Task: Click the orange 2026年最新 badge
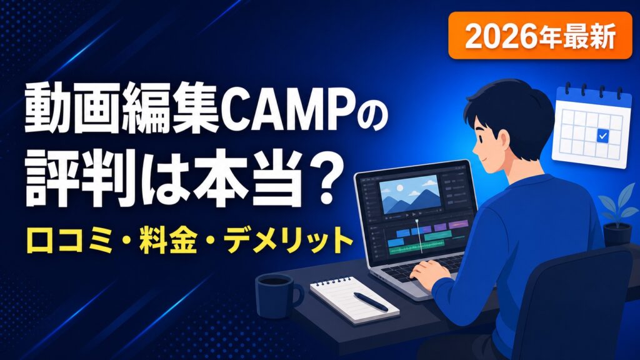[540, 36]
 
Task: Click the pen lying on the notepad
[371, 301]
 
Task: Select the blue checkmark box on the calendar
[602, 136]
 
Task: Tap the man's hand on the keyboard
[428, 270]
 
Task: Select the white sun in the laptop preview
[399, 187]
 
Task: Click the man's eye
[485, 137]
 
